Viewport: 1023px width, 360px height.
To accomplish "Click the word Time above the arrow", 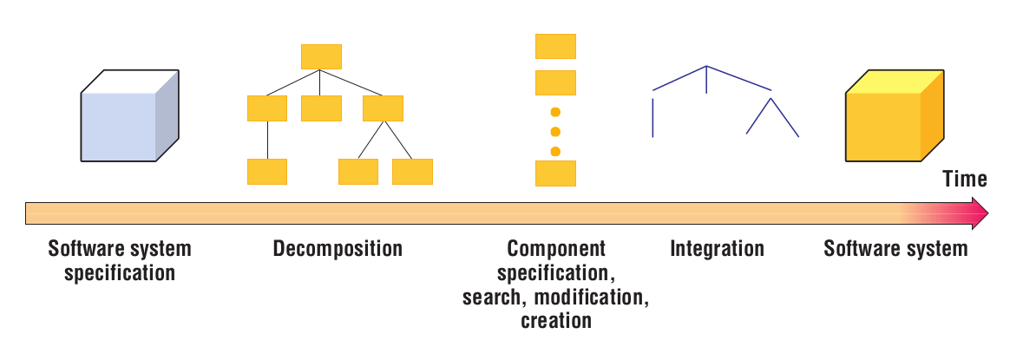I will coord(965,180).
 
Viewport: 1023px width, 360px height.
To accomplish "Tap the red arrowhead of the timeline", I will coord(979,213).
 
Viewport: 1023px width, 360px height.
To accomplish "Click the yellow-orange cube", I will coord(894,116).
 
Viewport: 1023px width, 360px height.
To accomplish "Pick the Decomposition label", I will coord(338,250).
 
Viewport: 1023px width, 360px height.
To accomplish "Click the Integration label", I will coord(717,250).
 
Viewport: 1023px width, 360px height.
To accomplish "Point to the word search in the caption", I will coord(495,298).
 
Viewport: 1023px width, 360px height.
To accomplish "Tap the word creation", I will coord(556,321).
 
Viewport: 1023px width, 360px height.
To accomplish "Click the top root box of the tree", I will coord(321,56).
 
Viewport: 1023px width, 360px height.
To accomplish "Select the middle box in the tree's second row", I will coord(321,108).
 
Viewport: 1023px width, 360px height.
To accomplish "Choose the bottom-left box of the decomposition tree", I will coord(267,172).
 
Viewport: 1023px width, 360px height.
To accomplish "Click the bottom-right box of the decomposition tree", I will coord(412,172).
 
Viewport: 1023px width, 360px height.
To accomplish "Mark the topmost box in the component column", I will coord(556,46).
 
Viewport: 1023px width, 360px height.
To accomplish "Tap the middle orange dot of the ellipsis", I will coord(556,132).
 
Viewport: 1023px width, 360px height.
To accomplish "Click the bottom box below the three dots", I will coord(556,173).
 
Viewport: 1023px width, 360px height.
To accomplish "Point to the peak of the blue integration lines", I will coord(706,66).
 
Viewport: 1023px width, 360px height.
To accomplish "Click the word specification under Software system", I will coord(120,273).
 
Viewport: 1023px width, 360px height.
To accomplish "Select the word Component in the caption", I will coord(556,250).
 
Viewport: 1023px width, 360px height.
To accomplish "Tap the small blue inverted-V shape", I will coord(771,117).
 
